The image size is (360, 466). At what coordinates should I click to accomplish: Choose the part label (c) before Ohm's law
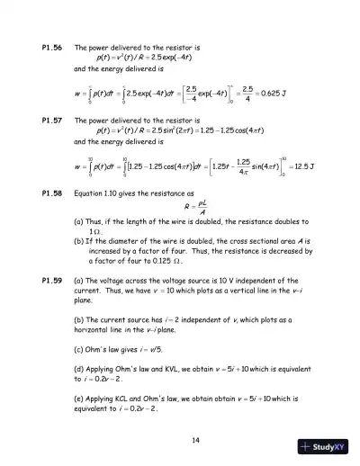point(79,349)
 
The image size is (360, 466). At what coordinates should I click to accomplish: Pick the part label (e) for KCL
point(79,397)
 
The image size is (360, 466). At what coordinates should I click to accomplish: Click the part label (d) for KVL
point(79,369)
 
